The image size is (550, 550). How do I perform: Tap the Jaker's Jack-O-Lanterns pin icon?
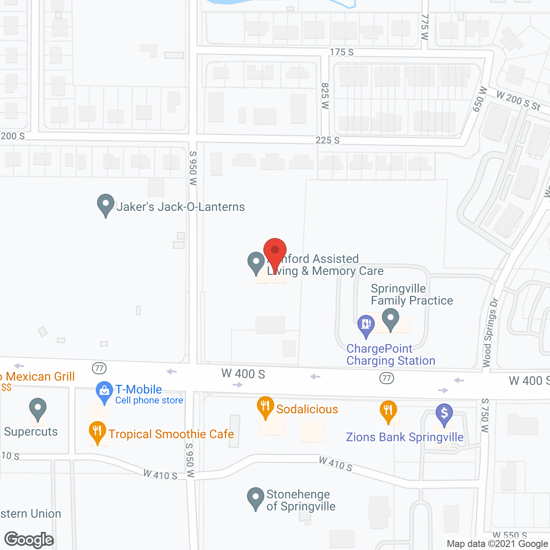[106, 205]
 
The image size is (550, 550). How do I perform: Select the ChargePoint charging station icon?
[366, 326]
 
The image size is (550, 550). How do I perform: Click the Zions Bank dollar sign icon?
[444, 414]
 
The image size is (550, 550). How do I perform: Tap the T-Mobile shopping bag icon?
[104, 391]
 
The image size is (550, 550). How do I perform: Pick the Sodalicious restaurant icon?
[266, 406]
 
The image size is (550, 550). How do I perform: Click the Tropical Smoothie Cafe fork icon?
[98, 431]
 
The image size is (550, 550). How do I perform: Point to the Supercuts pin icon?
[38, 408]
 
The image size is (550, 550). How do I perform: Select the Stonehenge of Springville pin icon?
[256, 498]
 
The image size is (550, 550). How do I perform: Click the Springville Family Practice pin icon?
[391, 320]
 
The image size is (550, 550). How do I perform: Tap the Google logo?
[29, 540]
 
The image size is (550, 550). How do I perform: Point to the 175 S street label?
[342, 52]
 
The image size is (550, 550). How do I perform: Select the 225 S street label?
[327, 140]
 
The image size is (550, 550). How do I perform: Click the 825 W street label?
[325, 96]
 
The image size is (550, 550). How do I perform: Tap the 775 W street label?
[425, 27]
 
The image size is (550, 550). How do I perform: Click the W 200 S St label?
[518, 100]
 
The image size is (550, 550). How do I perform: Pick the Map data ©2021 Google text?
[497, 544]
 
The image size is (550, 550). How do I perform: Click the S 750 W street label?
[485, 415]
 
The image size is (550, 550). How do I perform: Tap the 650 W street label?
[480, 99]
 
